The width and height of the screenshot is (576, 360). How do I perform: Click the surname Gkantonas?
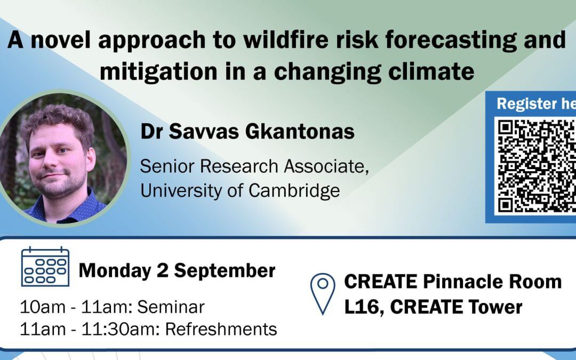click(300, 132)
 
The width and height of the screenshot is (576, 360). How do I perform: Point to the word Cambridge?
click(294, 191)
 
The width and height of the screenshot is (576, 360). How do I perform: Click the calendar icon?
click(45, 267)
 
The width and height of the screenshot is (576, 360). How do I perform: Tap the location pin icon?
click(323, 293)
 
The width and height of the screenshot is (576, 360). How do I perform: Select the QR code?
click(537, 166)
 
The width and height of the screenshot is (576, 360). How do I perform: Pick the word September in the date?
click(225, 271)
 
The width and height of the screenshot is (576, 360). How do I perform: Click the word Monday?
click(115, 271)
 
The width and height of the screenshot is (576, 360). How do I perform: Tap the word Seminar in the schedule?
click(171, 307)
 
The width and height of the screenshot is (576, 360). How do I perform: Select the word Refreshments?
click(221, 329)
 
